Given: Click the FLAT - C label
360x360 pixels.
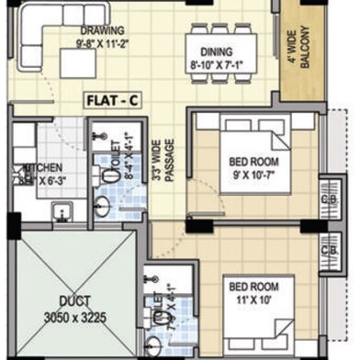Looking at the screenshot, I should (x=112, y=99).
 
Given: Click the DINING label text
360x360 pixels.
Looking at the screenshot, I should (x=217, y=52).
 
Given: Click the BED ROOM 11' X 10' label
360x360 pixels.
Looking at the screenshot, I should (x=253, y=292).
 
